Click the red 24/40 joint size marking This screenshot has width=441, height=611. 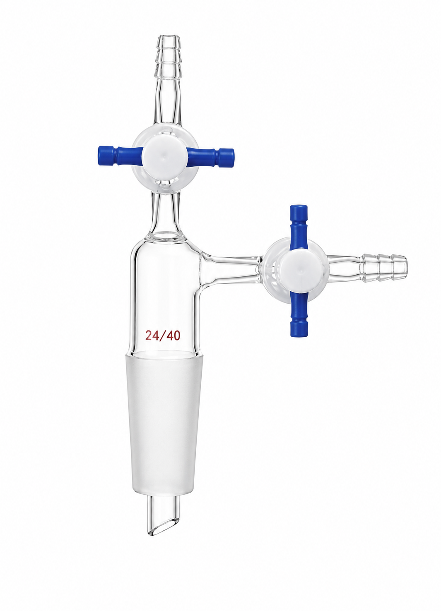[163, 335]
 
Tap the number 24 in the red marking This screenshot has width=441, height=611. [152, 335]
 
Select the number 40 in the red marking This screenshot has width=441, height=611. [174, 335]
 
